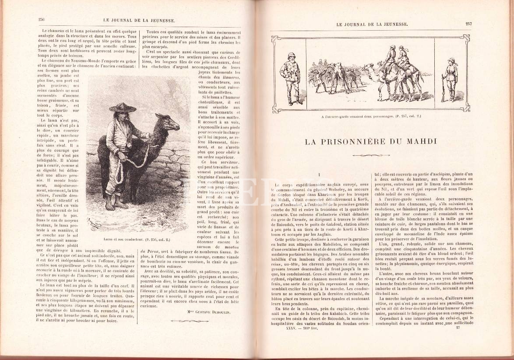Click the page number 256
[x=42, y=20]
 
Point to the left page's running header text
[x=139, y=20]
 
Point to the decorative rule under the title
[x=370, y=155]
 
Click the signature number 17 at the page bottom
[x=458, y=328]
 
